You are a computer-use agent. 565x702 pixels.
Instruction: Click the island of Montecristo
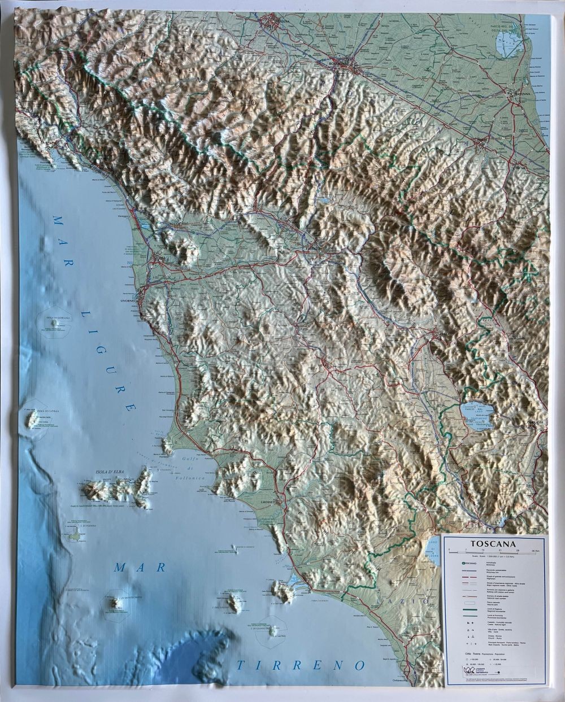[116, 604]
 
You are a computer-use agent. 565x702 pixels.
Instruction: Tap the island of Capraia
[33, 419]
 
